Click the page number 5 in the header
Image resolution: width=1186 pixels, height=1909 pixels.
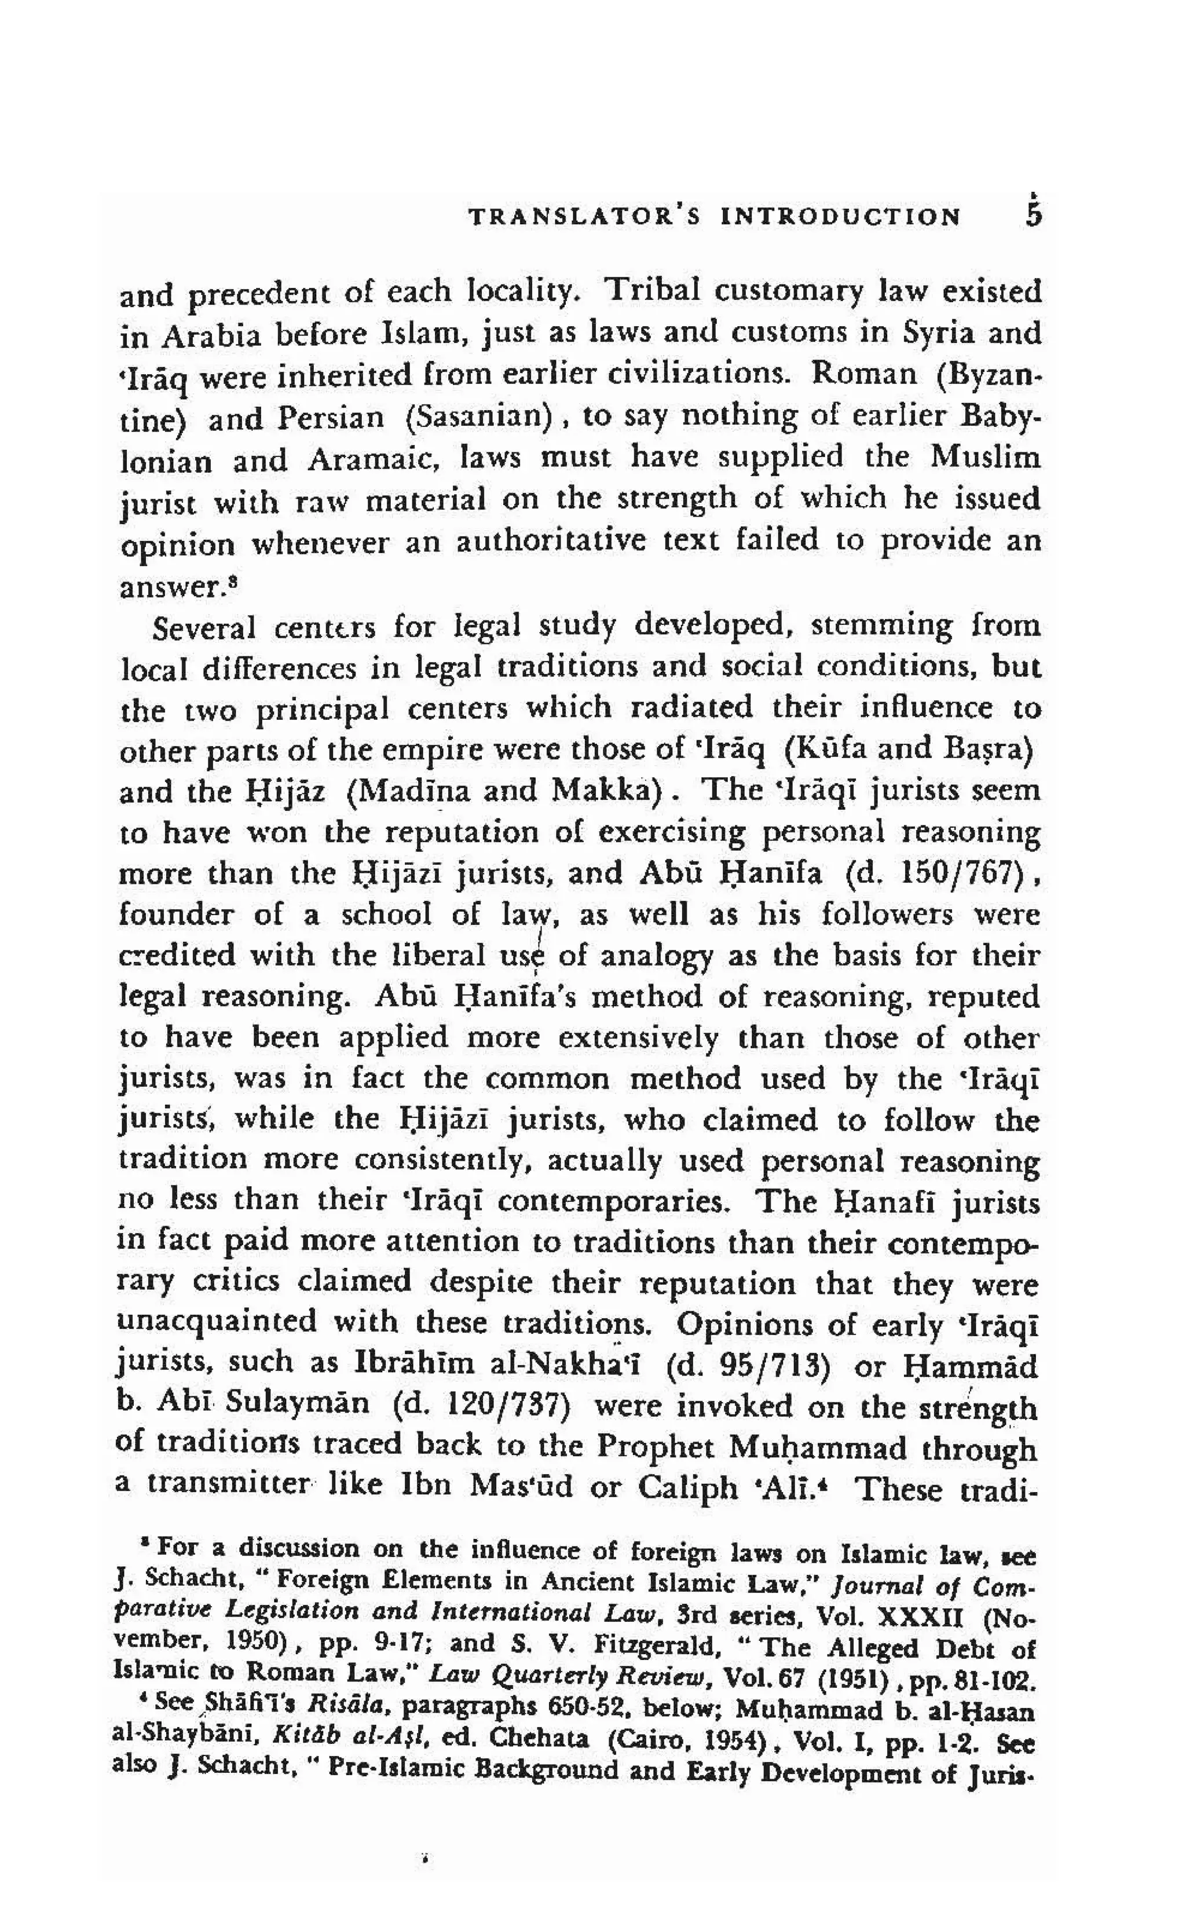[1034, 215]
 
